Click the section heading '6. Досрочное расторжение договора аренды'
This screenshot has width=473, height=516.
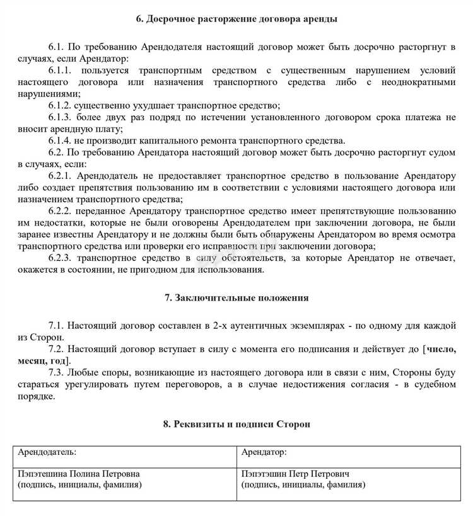237,19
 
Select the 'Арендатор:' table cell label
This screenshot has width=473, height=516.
264,452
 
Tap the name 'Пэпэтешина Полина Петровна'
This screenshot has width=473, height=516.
79,473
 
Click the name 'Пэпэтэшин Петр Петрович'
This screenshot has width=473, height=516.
295,473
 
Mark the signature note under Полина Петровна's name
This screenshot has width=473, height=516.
79,484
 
